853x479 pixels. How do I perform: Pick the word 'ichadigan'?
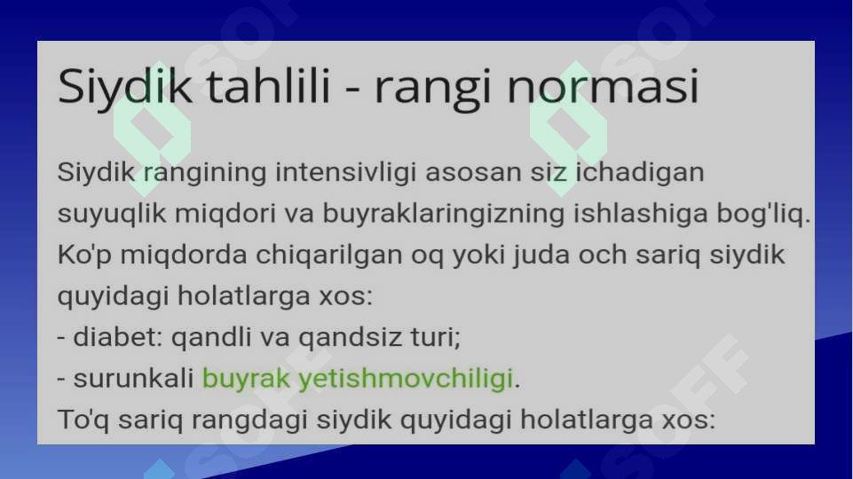click(638, 172)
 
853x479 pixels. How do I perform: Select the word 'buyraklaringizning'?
click(431, 214)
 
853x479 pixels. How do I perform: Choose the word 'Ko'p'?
click(83, 255)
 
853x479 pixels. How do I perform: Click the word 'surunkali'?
click(133, 379)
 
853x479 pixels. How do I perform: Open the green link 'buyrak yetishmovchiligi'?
click(358, 379)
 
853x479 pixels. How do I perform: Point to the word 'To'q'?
click(81, 420)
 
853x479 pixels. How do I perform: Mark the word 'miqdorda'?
click(170, 255)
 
